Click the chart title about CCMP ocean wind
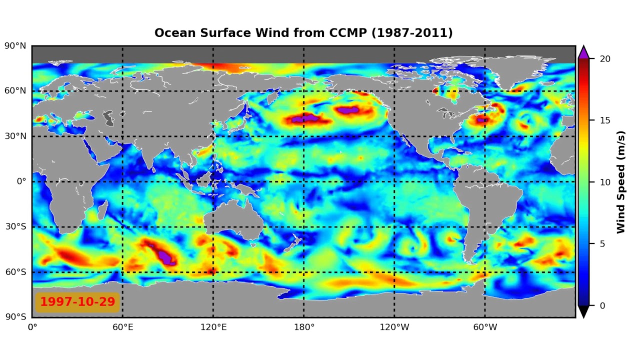[303, 33]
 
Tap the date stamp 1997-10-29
[77, 302]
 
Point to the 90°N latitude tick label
[15, 46]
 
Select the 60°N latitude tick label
[15, 91]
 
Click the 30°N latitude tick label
[15, 136]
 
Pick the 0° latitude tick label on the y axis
[21, 181]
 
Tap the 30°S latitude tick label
[15, 226]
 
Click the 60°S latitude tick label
[15, 272]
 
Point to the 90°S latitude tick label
[15, 317]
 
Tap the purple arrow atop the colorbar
[583, 52]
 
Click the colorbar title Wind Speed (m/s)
[621, 182]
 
